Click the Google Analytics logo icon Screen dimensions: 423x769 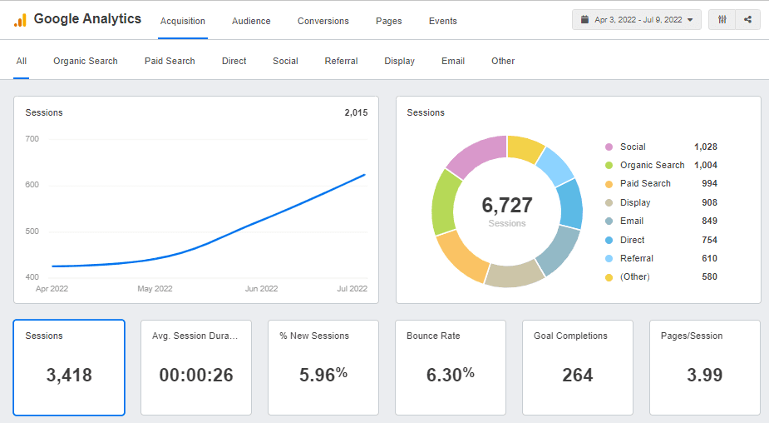click(20, 20)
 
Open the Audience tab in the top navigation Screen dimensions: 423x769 click(251, 21)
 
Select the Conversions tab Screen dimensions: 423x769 click(323, 21)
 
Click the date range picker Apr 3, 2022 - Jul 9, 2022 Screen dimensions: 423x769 click(637, 19)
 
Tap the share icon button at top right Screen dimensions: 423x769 click(747, 19)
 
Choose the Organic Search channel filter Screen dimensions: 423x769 click(86, 61)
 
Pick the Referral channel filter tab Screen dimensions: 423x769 click(341, 61)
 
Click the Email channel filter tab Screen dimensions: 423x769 click(453, 61)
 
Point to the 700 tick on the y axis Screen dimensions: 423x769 click(32, 139)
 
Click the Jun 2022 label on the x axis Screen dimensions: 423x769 click(261, 289)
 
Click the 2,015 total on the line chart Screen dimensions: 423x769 click(356, 112)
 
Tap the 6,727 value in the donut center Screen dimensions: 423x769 click(506, 206)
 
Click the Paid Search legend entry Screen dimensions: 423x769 click(645, 184)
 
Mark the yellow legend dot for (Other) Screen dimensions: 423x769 click(609, 277)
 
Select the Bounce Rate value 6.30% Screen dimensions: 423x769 click(450, 376)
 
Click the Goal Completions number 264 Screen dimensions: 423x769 click(577, 376)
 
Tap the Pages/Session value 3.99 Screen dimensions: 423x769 click(704, 376)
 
